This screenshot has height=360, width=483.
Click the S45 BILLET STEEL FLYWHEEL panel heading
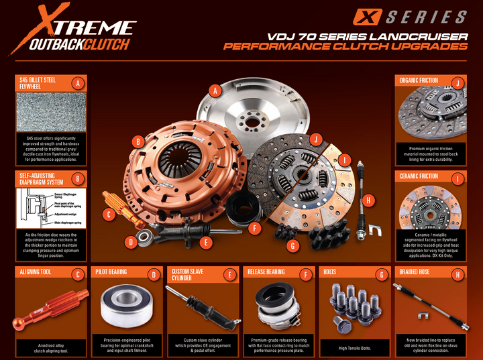coord(42,83)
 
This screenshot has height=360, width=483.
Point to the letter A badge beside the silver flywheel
coord(215,91)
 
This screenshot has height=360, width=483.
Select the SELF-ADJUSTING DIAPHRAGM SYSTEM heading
coord(42,179)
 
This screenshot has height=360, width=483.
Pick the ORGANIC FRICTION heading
coord(419,81)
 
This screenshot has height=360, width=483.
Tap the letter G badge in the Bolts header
coord(382,274)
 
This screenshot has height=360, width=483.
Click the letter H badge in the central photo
coord(367,200)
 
